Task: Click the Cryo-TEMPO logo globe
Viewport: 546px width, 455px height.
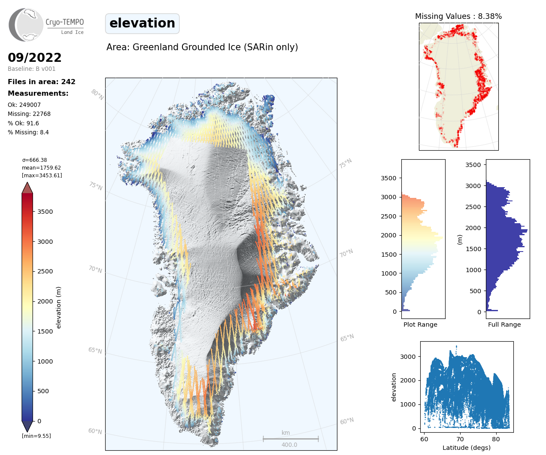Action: (27, 25)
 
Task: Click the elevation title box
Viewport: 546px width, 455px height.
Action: (142, 23)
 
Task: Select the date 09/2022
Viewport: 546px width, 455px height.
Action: (35, 58)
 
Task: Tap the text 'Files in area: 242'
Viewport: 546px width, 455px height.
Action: (42, 82)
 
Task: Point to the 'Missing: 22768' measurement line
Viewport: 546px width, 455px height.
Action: (29, 114)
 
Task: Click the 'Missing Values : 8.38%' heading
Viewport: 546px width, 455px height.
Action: (458, 16)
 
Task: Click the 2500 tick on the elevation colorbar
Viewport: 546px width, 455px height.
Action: (45, 271)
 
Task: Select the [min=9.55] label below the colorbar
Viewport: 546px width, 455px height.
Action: (36, 436)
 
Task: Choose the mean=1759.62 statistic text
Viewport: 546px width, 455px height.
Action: (41, 168)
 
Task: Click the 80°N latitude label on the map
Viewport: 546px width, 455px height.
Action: (97, 94)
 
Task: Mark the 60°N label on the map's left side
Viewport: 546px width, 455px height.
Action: (95, 431)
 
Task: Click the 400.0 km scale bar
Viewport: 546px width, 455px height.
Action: (291, 439)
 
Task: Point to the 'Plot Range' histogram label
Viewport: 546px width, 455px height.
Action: (420, 325)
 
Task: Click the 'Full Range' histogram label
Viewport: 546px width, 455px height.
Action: (504, 325)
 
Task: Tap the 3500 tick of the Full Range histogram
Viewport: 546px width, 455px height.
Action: (473, 165)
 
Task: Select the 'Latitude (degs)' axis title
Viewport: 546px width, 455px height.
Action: (467, 448)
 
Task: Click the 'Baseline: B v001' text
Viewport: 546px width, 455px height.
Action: (32, 69)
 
